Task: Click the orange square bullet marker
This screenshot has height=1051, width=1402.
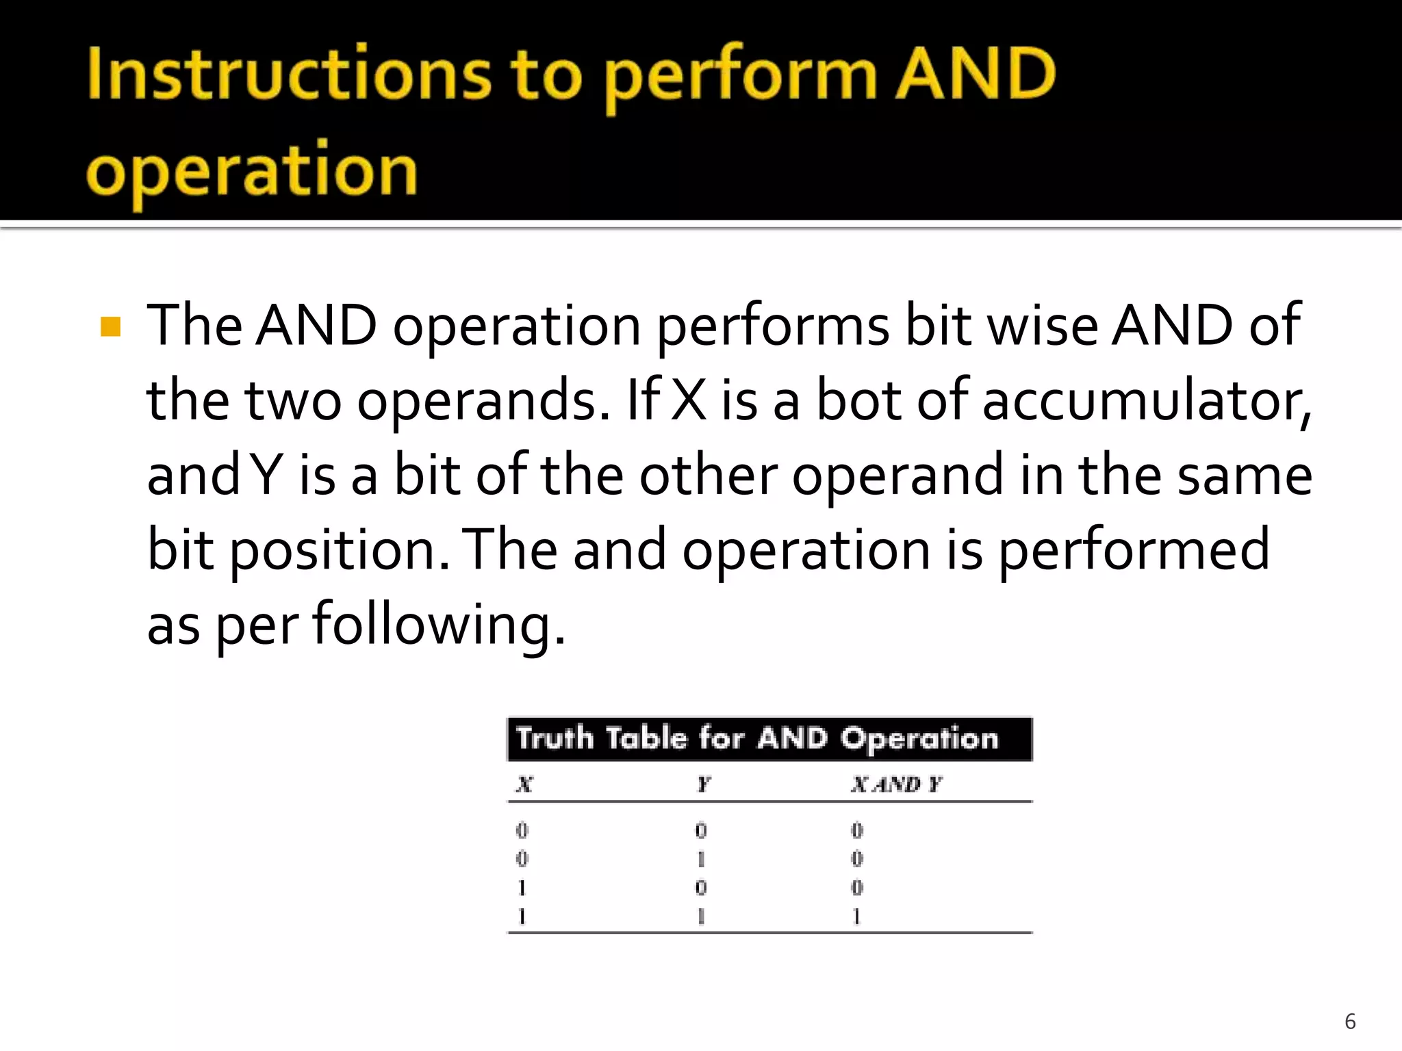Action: pos(110,326)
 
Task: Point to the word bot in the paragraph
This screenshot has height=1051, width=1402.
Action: pos(858,400)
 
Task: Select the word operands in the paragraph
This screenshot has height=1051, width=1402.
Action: pos(483,402)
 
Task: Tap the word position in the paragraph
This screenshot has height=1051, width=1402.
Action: pos(340,551)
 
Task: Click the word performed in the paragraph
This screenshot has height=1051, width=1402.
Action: pos(1134,551)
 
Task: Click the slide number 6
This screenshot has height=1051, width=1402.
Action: pos(1350,1022)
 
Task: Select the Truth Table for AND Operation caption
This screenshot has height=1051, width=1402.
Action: pos(757,739)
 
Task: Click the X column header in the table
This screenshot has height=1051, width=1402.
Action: pos(524,784)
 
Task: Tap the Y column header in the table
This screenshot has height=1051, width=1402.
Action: pos(703,784)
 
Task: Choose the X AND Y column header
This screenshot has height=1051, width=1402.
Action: pos(896,784)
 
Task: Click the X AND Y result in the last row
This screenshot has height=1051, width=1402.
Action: pos(856,916)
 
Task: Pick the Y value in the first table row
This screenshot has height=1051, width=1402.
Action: pos(701,831)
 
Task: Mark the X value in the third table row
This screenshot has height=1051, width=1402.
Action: pos(522,887)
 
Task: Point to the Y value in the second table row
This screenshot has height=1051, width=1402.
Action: pos(701,859)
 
